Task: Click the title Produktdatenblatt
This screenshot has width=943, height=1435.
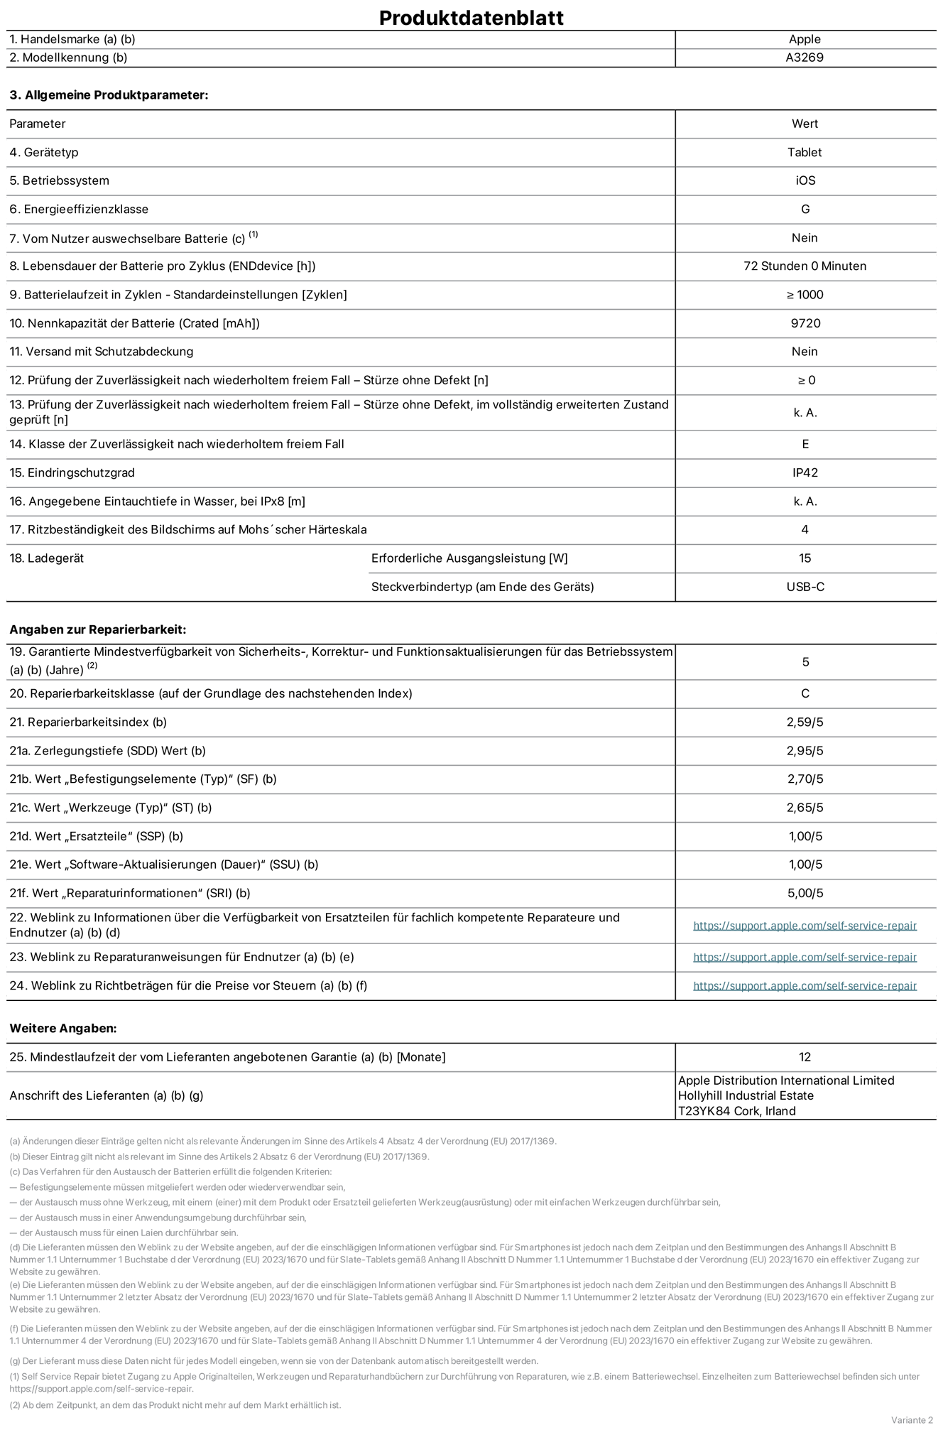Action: coord(471,18)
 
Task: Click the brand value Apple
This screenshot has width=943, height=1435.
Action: coord(805,40)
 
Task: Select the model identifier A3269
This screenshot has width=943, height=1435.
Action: coord(805,58)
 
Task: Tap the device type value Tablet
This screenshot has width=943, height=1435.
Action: coord(805,152)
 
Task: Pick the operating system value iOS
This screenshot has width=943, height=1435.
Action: coord(805,180)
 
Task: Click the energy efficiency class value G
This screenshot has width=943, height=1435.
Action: coord(805,209)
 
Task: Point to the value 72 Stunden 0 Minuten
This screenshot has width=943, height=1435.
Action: coord(805,266)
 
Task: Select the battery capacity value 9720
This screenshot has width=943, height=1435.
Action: coord(805,323)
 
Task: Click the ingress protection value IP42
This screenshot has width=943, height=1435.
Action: coord(805,472)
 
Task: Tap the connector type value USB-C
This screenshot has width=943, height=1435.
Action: coord(805,587)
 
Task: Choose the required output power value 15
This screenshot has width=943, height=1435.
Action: coord(805,558)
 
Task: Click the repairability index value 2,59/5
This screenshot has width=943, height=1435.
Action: coord(805,722)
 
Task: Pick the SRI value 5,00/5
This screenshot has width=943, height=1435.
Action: coord(805,893)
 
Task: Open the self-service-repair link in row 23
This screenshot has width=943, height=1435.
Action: coord(805,957)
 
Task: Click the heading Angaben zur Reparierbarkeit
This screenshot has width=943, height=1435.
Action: coord(97,629)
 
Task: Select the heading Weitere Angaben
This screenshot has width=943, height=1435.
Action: coord(63,1028)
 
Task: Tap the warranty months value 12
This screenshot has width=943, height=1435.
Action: coord(805,1057)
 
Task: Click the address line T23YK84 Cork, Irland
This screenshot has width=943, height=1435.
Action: coord(736,1111)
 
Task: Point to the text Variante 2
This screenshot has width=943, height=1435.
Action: coord(912,1419)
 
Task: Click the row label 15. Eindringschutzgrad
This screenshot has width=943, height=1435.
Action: coord(72,472)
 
